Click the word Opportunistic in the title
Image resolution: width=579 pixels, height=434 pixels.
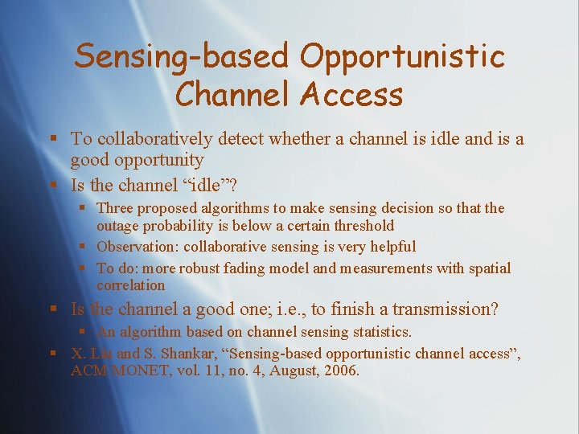(402, 56)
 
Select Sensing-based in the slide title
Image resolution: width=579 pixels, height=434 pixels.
(182, 56)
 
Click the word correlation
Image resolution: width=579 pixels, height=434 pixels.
(130, 285)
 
